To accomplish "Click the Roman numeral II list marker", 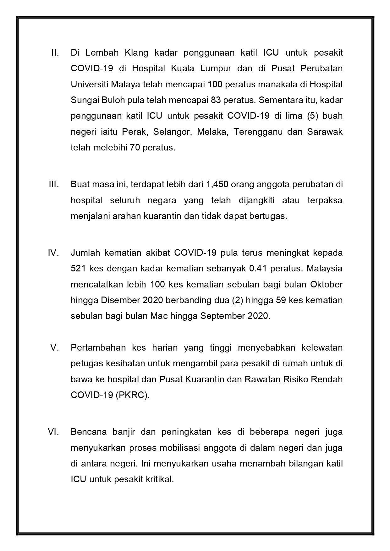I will click(x=55, y=52).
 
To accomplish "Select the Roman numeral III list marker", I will click(x=54, y=184).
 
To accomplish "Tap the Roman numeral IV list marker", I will click(x=54, y=253).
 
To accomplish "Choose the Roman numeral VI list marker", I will click(x=54, y=432).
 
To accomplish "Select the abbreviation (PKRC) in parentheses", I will click(x=133, y=395).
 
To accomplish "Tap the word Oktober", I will click(x=326, y=284).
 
